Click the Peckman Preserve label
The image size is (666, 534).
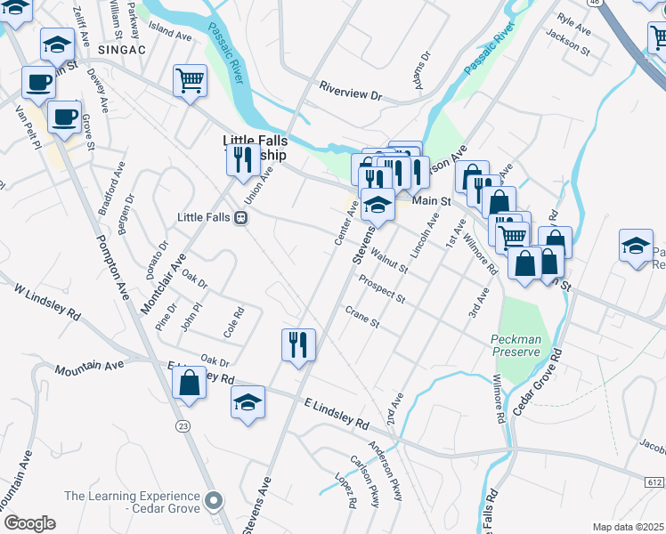tap(516, 345)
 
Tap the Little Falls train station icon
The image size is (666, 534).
tap(240, 218)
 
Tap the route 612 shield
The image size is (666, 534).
tap(654, 482)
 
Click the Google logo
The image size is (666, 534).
tap(29, 523)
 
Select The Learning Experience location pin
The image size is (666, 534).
tap(213, 501)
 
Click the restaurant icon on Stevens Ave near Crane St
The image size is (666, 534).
tap(298, 344)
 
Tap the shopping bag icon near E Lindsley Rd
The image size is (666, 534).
tap(190, 384)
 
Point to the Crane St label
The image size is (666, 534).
tap(362, 317)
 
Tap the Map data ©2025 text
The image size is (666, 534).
tap(628, 527)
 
